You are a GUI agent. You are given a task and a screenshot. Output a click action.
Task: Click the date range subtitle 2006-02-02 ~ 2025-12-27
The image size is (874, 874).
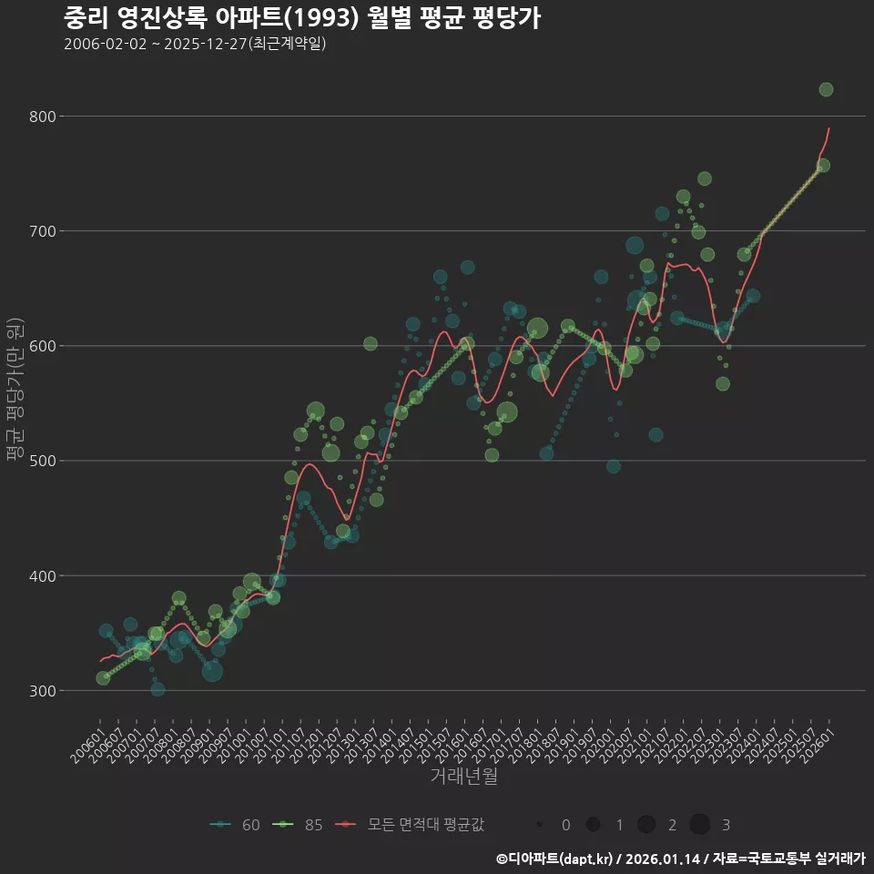click(195, 44)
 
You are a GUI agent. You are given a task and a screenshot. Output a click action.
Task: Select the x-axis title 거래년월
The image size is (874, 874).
click(463, 777)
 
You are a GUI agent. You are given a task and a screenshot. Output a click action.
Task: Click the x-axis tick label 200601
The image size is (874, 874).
click(87, 741)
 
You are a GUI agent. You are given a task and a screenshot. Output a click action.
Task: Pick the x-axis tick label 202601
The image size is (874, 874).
click(816, 741)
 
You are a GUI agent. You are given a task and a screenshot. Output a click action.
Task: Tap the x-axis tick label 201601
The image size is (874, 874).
click(452, 741)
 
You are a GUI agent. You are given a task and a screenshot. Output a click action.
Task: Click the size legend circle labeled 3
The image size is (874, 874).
click(699, 825)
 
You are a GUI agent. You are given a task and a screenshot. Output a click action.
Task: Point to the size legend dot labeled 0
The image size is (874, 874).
click(540, 825)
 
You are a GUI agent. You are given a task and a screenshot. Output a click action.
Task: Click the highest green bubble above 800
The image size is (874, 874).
click(826, 89)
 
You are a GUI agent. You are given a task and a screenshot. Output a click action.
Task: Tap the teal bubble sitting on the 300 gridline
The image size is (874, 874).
click(158, 689)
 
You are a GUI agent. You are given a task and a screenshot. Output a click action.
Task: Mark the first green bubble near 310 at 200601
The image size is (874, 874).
click(103, 678)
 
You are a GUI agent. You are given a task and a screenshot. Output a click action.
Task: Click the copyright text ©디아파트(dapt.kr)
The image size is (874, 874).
click(555, 858)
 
